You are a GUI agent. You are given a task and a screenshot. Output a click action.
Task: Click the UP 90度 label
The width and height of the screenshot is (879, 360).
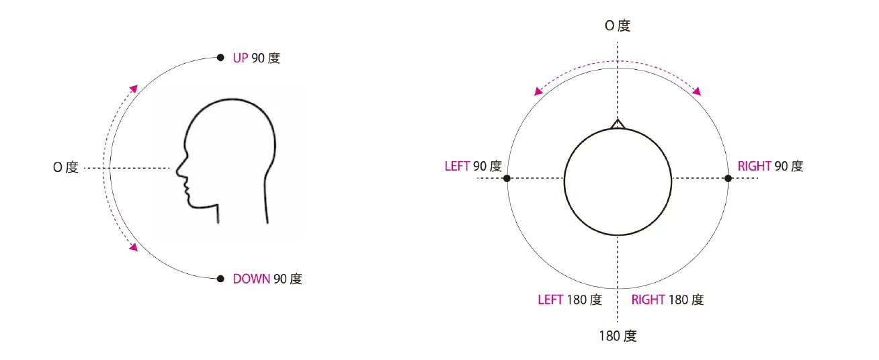pos(256,58)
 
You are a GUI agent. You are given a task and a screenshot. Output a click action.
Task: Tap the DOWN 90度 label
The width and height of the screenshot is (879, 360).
pos(267,279)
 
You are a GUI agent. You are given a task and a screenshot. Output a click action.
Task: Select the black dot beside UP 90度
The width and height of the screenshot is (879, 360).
pos(220,58)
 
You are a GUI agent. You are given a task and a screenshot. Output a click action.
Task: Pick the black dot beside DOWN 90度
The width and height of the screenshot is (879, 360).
pos(220,278)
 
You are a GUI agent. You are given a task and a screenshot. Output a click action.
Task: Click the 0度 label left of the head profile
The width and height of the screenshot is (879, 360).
pos(66,168)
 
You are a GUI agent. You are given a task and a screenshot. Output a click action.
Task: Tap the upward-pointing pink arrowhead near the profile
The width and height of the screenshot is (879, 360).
pos(134,89)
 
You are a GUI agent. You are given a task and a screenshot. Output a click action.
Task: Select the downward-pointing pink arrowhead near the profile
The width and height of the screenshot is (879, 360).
pos(134,247)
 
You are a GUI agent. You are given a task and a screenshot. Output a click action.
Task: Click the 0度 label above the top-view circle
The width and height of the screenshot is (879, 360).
pos(618,26)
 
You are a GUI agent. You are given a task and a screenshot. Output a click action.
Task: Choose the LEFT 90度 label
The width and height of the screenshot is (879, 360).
pos(473,166)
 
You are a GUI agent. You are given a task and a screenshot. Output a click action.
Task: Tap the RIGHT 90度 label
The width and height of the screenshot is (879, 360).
pos(770,166)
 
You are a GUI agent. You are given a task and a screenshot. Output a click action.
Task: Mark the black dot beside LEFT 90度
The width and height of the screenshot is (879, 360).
pos(507,178)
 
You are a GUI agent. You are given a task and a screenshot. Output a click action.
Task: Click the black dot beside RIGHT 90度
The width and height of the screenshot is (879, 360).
pos(728,178)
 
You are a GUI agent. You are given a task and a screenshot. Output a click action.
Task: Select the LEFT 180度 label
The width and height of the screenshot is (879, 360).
pos(570,300)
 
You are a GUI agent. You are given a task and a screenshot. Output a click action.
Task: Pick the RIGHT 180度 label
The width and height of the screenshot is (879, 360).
pos(667,300)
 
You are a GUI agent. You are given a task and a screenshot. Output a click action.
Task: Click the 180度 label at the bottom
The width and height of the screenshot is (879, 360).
pos(618,336)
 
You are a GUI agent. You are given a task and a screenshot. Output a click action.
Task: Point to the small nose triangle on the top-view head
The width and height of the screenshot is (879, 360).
pos(618,123)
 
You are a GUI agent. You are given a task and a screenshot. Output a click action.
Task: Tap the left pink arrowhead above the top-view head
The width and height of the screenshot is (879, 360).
pos(538,91)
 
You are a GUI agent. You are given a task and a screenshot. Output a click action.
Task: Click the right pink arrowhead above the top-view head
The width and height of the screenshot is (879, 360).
pos(697,91)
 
